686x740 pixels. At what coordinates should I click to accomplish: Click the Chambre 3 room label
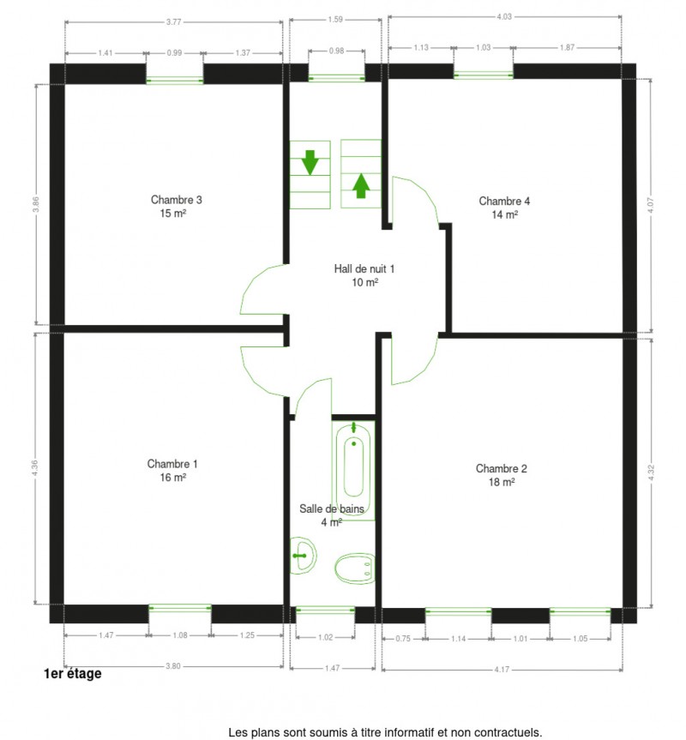[176, 201]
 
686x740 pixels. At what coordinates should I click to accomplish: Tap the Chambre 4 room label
[504, 202]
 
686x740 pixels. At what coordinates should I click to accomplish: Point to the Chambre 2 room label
[502, 469]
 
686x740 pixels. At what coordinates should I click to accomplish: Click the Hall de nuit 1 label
[364, 269]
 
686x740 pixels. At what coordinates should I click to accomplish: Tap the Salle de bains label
[332, 508]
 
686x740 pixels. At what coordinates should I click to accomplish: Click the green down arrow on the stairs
[310, 161]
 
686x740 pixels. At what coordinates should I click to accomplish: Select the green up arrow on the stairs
[361, 184]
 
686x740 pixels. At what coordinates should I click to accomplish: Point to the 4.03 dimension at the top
[504, 15]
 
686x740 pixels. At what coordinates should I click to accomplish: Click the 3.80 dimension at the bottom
[173, 665]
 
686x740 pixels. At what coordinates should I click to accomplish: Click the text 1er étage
[72, 674]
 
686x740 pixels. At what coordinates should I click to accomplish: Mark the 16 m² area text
[172, 478]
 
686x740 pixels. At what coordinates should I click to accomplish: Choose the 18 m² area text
[502, 483]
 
